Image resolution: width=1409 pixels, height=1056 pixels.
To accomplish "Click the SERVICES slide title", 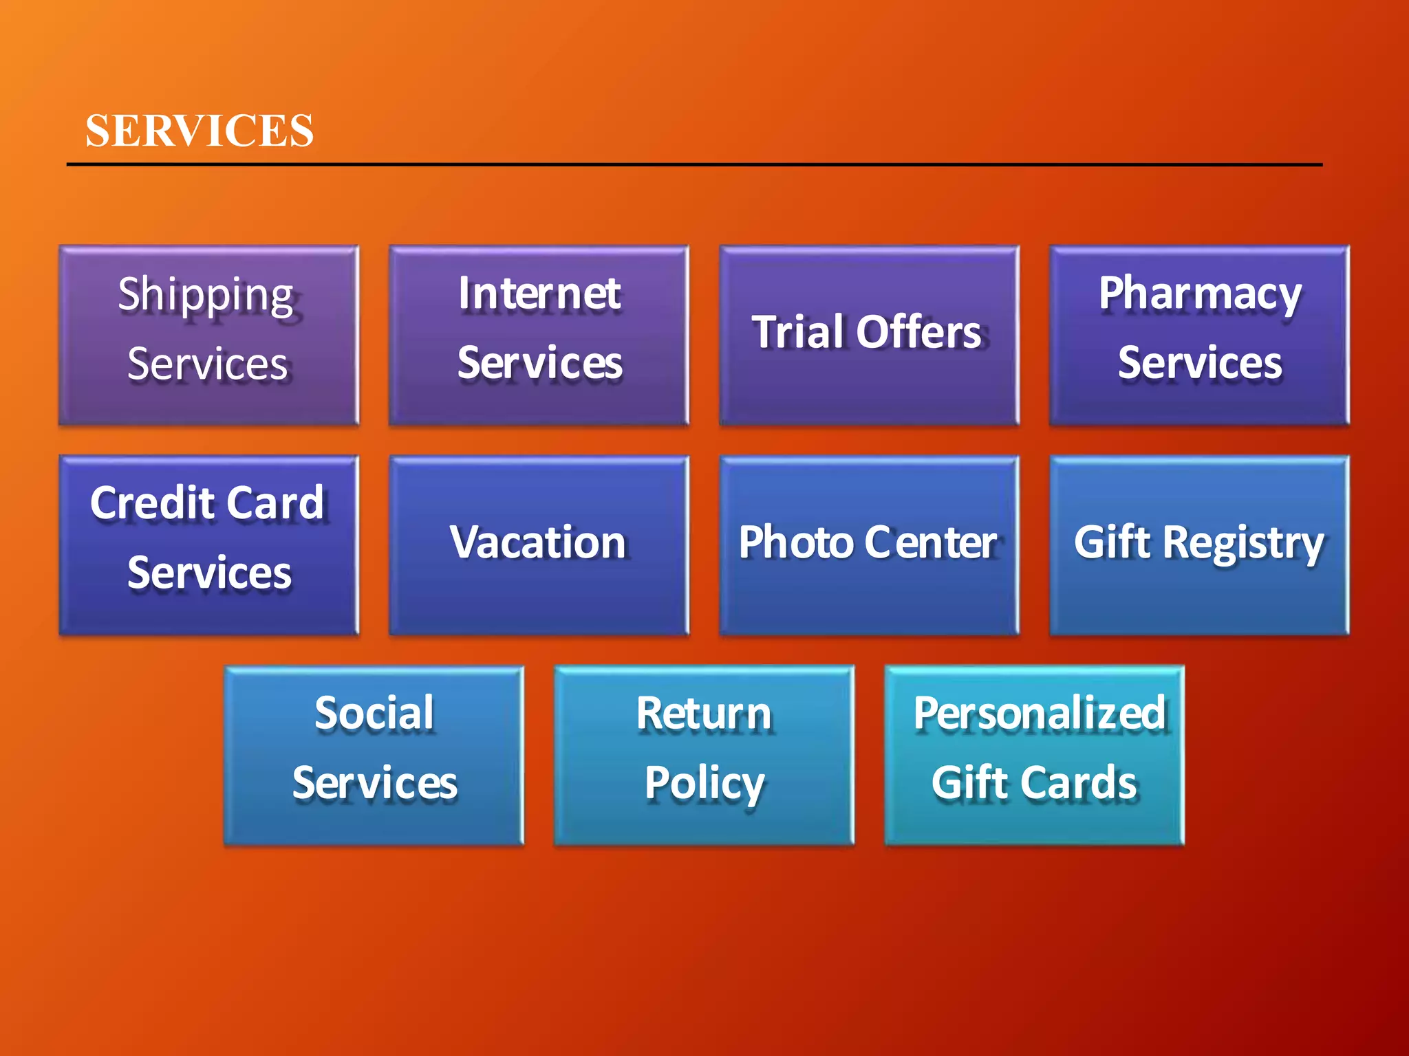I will click(200, 131).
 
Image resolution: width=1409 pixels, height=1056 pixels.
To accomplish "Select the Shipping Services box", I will click(208, 335).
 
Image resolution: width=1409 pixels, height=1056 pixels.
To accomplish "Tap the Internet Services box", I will click(539, 335).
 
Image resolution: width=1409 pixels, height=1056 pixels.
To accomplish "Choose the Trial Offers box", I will click(869, 335).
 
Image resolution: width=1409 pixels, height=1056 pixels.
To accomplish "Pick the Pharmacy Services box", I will click(1199, 335).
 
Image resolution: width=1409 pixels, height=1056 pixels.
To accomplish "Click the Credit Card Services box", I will click(208, 545).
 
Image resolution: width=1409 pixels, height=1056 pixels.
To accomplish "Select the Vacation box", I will click(539, 545).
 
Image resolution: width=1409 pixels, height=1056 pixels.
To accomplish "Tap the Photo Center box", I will click(869, 545).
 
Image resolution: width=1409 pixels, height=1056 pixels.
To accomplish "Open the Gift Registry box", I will click(1199, 545).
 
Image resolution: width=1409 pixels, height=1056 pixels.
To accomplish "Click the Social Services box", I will click(374, 755).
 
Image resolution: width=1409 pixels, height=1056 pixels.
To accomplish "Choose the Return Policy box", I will click(704, 755).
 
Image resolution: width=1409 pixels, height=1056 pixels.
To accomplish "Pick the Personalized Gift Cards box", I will click(1034, 755).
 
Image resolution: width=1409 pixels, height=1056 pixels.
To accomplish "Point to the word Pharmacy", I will click(1200, 294).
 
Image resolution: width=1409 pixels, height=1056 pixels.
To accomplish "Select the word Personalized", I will click(1040, 713).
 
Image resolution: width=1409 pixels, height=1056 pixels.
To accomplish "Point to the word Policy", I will click(704, 784).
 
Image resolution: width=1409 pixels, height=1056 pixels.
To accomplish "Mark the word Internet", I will click(539, 294).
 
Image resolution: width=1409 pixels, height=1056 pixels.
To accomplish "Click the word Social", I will click(374, 713).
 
